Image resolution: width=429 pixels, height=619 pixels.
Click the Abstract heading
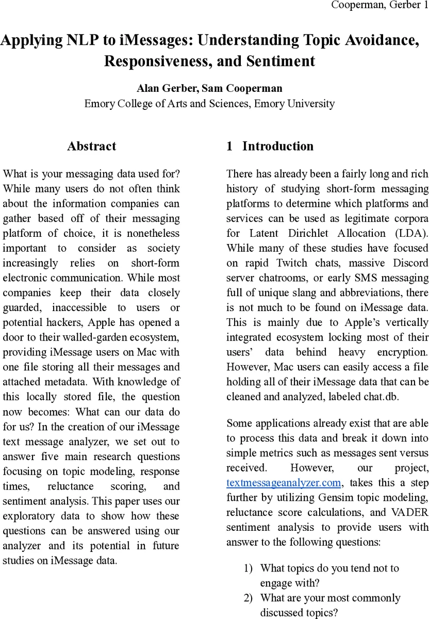point(91,146)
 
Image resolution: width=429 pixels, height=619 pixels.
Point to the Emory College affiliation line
point(209,103)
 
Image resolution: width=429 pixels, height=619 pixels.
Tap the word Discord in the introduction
point(411,263)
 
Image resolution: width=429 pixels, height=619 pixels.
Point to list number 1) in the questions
point(249,568)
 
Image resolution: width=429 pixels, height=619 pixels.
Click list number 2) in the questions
point(249,598)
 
